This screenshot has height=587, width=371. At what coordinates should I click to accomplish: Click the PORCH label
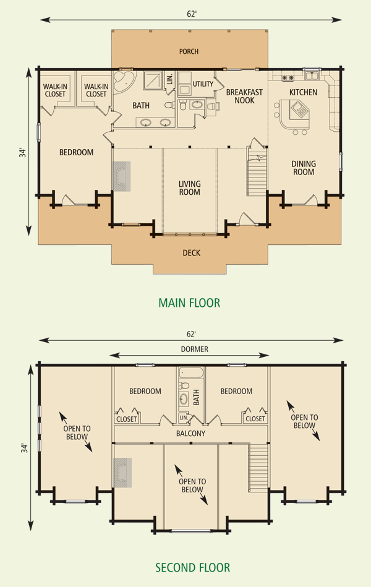[x=189, y=51]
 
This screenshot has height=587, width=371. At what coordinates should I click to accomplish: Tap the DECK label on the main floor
[x=191, y=253]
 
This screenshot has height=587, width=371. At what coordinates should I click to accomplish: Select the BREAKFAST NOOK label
[x=244, y=96]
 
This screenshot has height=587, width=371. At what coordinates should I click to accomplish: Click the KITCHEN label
[x=303, y=92]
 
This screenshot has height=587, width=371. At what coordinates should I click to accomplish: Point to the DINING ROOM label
[x=304, y=168]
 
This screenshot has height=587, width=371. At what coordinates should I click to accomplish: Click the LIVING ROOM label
[x=189, y=188]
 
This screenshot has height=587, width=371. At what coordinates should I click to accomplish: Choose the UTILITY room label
[x=203, y=84]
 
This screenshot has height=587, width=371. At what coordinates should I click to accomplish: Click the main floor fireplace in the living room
[x=122, y=176]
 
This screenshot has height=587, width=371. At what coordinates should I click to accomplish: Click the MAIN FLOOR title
[x=189, y=302]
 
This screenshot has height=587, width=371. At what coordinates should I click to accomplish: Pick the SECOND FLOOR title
[x=193, y=568]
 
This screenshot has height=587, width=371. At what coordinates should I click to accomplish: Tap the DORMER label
[x=194, y=349]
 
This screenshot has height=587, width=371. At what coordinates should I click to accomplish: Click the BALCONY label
[x=190, y=434]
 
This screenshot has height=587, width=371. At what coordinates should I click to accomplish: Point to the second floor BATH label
[x=196, y=397]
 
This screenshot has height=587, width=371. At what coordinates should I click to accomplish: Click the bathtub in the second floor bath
[x=191, y=373]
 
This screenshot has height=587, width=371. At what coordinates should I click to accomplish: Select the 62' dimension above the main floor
[x=192, y=14]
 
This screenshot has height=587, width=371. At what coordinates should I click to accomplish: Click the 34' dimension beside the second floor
[x=24, y=448]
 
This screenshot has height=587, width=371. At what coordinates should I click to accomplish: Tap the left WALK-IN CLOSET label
[x=55, y=90]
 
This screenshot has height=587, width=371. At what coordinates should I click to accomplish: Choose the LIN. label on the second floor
[x=184, y=418]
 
